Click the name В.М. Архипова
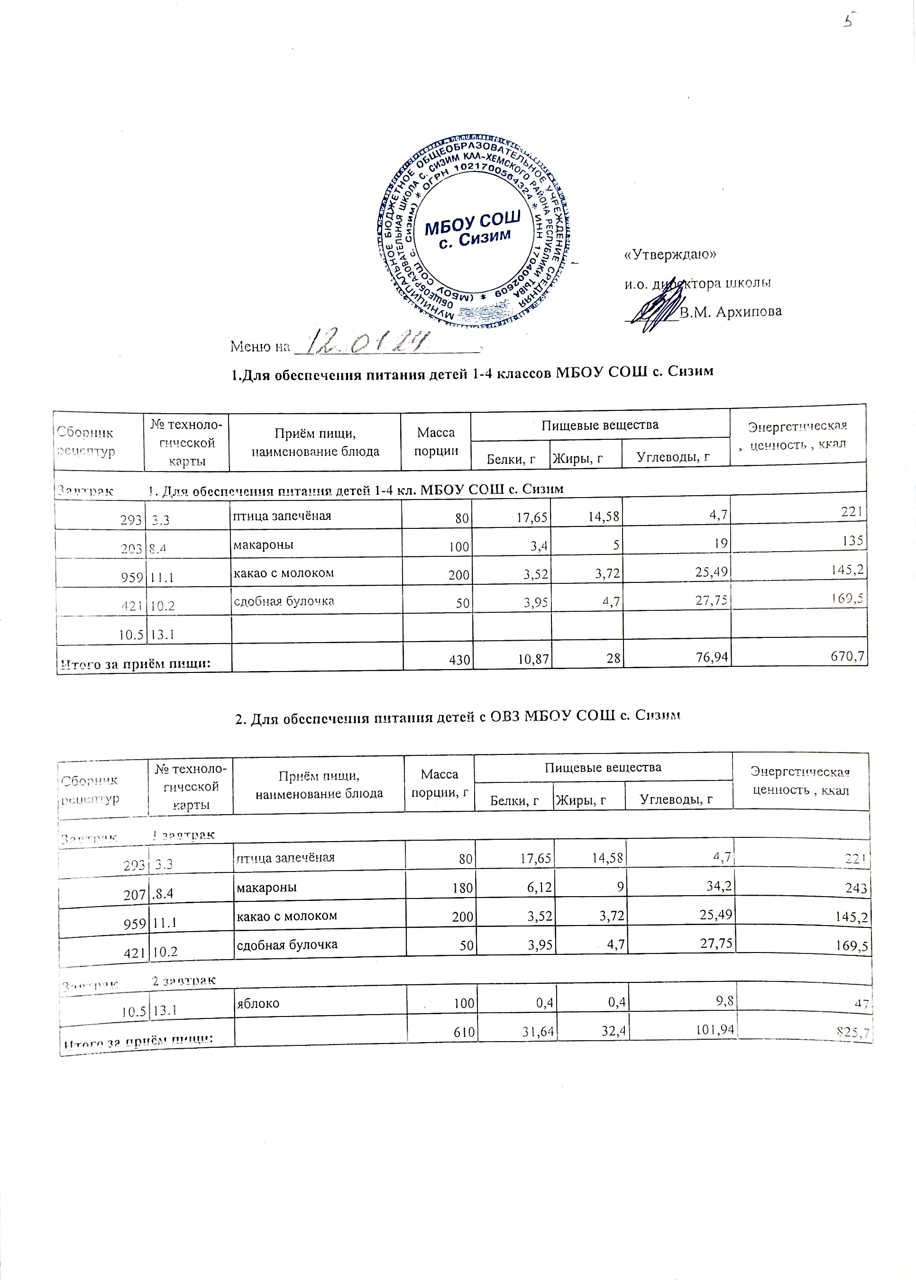(x=731, y=312)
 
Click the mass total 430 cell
(x=460, y=658)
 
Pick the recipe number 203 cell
(x=132, y=547)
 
